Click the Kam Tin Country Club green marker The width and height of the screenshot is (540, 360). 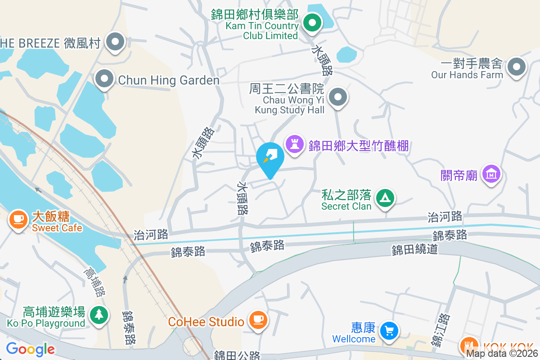coord(311,22)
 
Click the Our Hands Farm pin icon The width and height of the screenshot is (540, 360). coord(516,67)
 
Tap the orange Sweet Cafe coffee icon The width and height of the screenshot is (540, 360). coord(18,219)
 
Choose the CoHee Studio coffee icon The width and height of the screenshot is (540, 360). coord(257,320)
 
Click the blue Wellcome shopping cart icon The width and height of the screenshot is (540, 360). coord(388,331)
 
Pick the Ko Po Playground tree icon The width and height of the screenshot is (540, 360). coord(99,314)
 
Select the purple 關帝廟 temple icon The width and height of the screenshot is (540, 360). coord(491,173)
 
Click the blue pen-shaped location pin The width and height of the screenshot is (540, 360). coord(270,157)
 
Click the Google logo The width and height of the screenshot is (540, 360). coord(30,349)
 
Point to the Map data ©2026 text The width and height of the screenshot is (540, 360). coord(501,354)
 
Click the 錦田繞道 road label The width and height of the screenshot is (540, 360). coord(414,249)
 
